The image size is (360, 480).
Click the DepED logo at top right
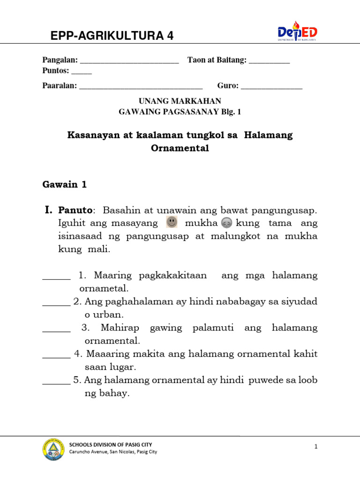coord(297,32)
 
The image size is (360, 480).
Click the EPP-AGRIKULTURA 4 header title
coord(112,36)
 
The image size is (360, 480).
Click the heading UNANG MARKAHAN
coord(180,101)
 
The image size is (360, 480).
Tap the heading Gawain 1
coord(65,184)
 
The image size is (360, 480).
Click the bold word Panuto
coord(76,210)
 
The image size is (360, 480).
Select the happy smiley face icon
coord(172,222)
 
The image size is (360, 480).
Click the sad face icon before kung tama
coord(226,223)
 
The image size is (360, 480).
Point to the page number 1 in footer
coord(316,447)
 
